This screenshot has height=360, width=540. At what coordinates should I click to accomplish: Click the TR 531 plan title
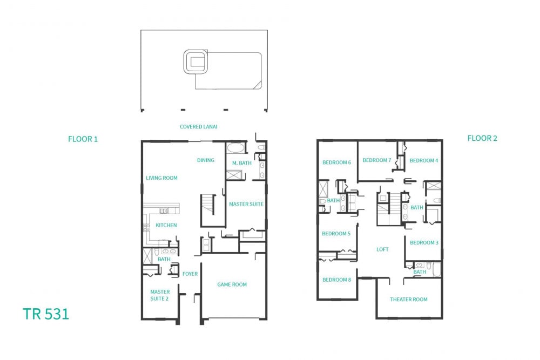point(46,314)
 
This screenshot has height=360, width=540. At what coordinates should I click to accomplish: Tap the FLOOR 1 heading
point(83,139)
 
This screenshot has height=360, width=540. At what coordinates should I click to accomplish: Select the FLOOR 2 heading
point(482,138)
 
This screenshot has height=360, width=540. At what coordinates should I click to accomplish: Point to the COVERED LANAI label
point(198,127)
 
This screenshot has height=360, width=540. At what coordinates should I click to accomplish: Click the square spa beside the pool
point(195,62)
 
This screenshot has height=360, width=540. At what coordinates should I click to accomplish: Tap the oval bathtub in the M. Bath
point(235,148)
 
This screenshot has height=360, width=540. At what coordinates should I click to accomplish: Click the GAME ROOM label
point(232,284)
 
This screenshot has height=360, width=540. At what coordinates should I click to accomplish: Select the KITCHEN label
point(166,225)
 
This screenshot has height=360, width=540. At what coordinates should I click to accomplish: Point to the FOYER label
point(190,274)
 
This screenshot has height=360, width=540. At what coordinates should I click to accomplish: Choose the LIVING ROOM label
point(161,178)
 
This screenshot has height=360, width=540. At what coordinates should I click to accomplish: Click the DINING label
point(206,160)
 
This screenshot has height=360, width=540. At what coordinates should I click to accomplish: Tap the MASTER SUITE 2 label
point(160,295)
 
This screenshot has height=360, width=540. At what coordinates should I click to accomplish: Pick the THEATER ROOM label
point(408,300)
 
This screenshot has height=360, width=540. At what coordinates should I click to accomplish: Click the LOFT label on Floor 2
point(382,249)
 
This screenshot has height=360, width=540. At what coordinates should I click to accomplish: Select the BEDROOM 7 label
point(377,160)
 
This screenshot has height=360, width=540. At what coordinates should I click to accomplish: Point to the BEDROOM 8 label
point(336,280)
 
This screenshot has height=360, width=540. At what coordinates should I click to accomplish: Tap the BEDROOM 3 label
point(424,243)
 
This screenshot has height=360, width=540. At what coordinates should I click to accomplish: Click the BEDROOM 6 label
point(336,162)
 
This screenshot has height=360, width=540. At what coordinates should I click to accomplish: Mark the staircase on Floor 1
point(208,205)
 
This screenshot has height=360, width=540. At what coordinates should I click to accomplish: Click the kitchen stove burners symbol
point(147,227)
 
